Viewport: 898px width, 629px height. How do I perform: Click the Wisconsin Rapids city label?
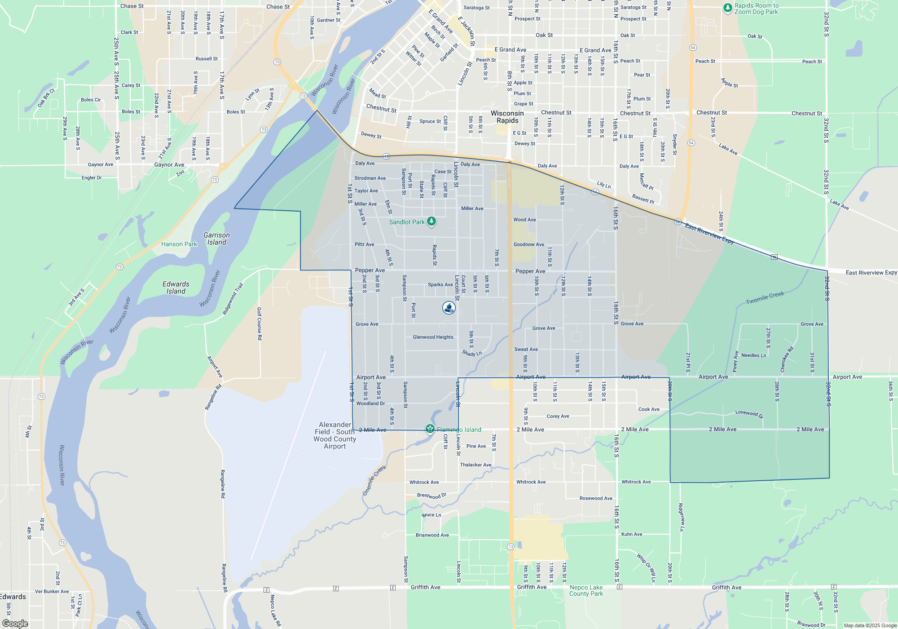click(x=507, y=117)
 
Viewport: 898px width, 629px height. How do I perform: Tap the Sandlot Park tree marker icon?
click(x=431, y=221)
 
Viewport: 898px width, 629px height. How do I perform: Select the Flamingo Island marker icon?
click(x=430, y=429)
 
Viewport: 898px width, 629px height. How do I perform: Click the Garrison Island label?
click(x=216, y=239)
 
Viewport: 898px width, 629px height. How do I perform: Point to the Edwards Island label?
click(x=176, y=288)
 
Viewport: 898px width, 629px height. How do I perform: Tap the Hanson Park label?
click(x=179, y=244)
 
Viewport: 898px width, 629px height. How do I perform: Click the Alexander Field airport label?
click(x=335, y=435)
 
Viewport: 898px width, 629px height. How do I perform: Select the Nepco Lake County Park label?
click(x=586, y=590)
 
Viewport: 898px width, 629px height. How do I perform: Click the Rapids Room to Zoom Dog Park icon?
click(x=728, y=8)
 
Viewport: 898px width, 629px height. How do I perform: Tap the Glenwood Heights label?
click(x=433, y=337)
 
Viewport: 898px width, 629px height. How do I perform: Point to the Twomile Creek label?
click(x=765, y=297)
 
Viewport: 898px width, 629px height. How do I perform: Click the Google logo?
click(x=15, y=624)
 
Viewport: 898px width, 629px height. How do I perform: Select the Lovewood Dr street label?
click(x=749, y=413)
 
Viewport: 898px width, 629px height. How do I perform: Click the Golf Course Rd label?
click(x=259, y=323)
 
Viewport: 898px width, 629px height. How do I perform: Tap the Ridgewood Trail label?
click(x=233, y=298)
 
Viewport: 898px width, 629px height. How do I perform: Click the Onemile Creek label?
click(x=374, y=480)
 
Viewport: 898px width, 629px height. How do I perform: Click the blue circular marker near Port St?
click(x=449, y=308)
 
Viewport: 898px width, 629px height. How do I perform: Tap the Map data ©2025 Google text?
click(x=870, y=625)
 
